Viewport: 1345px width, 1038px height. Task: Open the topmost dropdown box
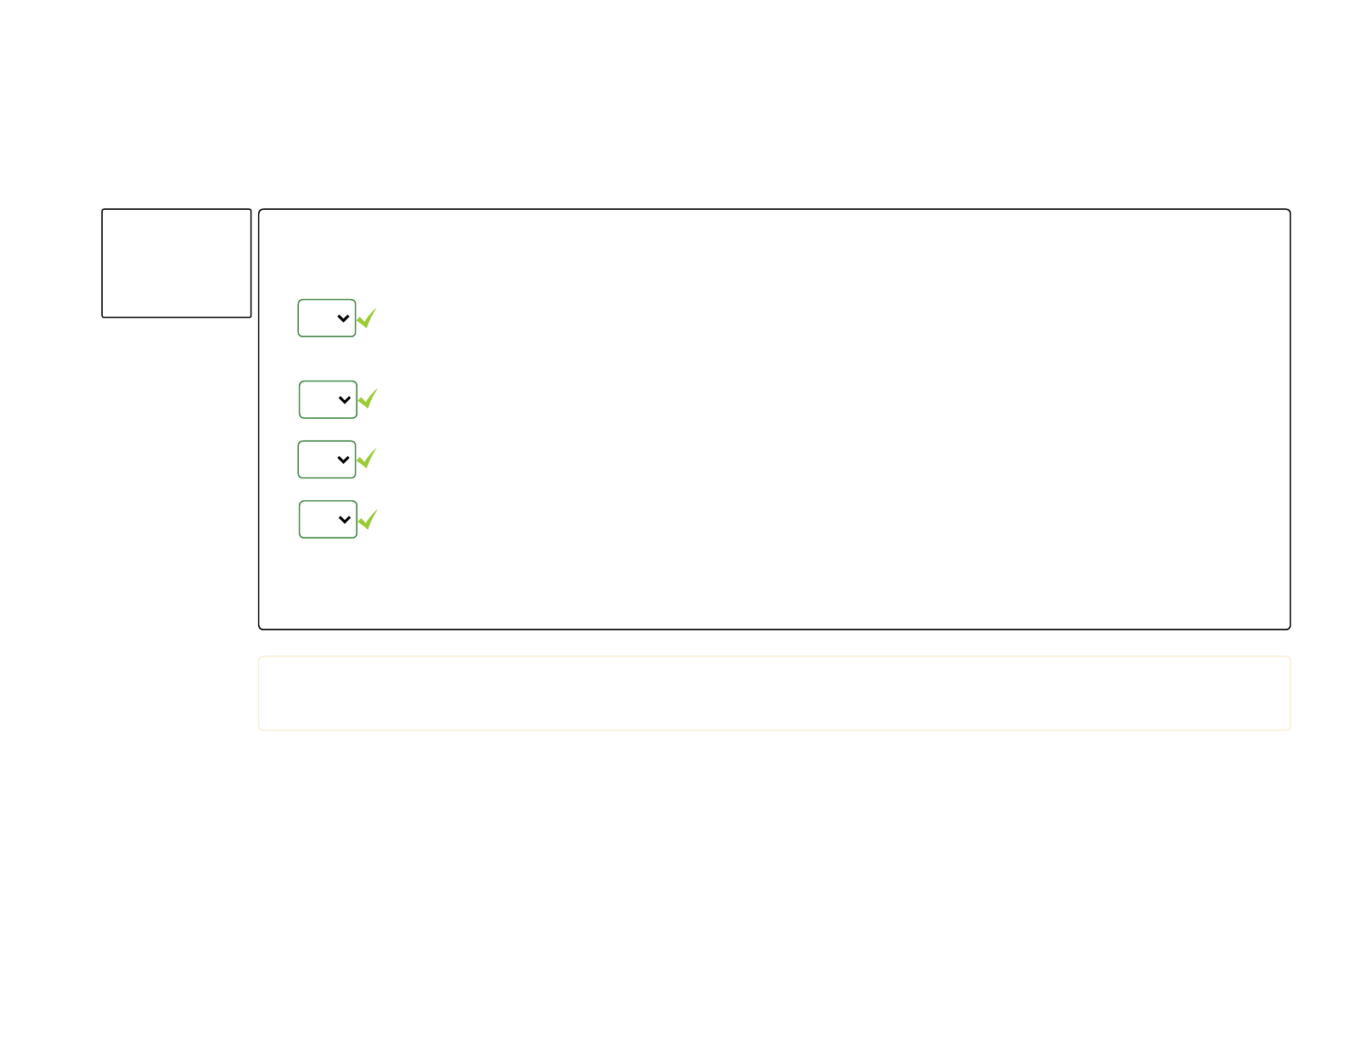(x=326, y=319)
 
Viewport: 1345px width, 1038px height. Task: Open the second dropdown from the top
(x=328, y=400)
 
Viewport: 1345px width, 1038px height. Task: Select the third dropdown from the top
(x=326, y=460)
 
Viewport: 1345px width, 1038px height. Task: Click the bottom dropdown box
(x=328, y=520)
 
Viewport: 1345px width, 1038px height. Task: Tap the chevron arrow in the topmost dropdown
(x=343, y=319)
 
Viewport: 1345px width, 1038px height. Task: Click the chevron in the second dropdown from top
(x=345, y=400)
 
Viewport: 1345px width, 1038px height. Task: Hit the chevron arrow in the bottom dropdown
(x=345, y=520)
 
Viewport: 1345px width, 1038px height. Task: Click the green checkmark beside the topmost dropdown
(x=366, y=319)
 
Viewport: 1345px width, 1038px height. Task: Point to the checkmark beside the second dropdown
(x=368, y=398)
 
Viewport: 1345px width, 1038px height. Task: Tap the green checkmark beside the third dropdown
(x=366, y=459)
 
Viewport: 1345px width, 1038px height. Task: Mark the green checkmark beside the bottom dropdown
(x=368, y=519)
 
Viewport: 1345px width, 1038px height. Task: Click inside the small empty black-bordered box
(x=177, y=263)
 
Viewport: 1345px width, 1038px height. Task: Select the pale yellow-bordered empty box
(x=774, y=693)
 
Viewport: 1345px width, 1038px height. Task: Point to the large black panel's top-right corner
(x=1290, y=210)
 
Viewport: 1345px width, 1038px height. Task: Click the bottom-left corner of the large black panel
(x=260, y=629)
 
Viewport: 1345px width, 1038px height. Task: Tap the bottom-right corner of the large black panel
(x=1290, y=629)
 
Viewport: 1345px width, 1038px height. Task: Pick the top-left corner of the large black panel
(x=260, y=210)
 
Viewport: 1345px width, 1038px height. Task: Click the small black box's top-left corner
(x=103, y=210)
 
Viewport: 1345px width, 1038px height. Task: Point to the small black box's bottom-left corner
(x=103, y=317)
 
